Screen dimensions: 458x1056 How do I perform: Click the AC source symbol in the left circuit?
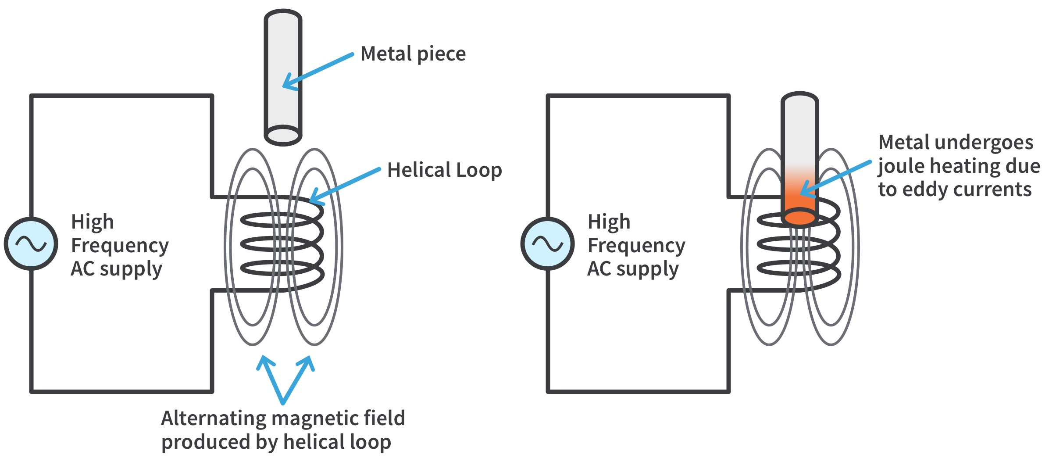pos(31,243)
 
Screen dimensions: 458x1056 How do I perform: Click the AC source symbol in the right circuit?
pos(547,243)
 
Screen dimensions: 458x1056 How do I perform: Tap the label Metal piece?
pos(413,54)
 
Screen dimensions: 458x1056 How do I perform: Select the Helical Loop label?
pos(444,170)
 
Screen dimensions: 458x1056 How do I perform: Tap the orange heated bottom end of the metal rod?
pos(799,217)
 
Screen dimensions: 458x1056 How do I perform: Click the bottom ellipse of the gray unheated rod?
pos(283,135)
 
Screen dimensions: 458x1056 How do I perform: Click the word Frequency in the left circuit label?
pos(120,246)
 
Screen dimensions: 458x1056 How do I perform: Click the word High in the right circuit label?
pos(609,222)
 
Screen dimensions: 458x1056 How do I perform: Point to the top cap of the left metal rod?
pos(283,17)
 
